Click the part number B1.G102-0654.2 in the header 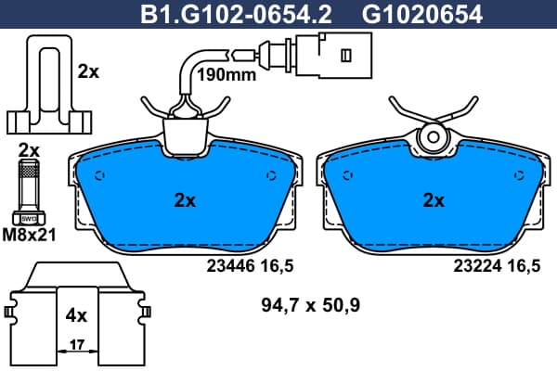pos(236,15)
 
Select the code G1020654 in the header pos(422,15)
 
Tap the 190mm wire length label pos(227,75)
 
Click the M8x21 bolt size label pos(29,235)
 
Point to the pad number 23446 pos(231,265)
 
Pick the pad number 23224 pos(477,265)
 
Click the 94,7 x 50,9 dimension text pos(311,305)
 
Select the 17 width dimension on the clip pos(77,344)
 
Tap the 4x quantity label pos(76,315)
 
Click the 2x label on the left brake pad pos(185,201)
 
